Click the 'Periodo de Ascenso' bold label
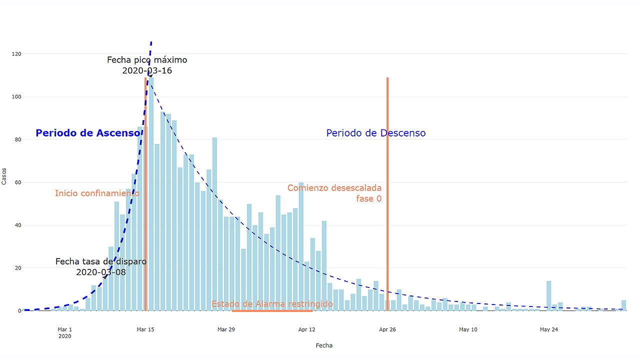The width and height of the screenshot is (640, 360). pos(88,133)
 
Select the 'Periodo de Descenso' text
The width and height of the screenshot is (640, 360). pos(375,133)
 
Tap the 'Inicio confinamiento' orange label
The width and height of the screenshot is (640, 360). pos(97,193)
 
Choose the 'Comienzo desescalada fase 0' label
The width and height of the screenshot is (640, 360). pos(334,193)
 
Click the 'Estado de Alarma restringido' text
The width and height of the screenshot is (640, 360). pos(272,303)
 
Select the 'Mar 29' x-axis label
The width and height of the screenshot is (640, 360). pos(226,329)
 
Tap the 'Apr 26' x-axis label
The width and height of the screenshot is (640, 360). pos(387,329)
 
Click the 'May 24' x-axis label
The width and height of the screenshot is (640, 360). pos(548,329)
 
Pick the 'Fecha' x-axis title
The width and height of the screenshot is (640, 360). pos(324,345)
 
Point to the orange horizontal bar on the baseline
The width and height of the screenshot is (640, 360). pos(272,310)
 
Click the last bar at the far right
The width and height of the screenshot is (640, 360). pos(623,305)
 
